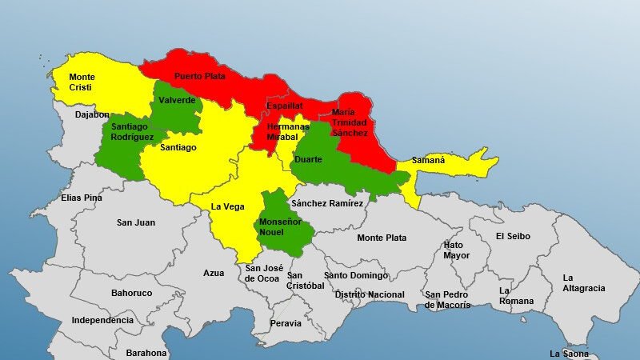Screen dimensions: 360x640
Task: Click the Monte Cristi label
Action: coord(82,82)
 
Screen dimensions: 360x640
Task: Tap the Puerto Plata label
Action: coord(200,77)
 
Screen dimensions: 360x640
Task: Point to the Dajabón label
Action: coord(92,114)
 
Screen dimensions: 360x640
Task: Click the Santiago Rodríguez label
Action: coord(132,132)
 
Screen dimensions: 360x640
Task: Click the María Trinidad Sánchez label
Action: coord(350,122)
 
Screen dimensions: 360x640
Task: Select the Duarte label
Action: coord(309,159)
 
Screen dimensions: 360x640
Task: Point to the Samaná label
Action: coord(428,160)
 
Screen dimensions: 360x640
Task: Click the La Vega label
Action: coord(227,206)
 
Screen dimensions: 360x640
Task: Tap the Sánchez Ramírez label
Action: coord(327,203)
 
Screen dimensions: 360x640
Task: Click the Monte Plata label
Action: coord(382,238)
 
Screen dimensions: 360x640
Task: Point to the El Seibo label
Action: coord(513,236)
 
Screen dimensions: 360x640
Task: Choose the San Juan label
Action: coord(136,222)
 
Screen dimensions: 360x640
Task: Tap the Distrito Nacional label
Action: coord(370,294)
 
